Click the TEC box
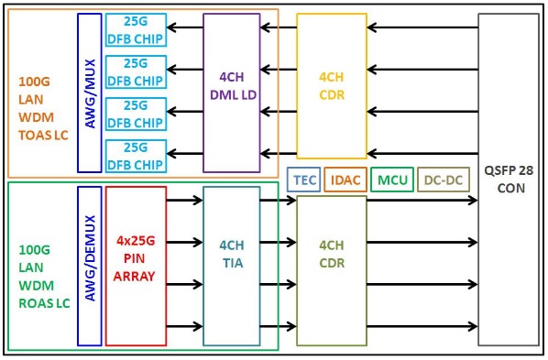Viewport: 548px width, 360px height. coord(304,180)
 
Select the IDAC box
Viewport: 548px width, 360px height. coord(345,180)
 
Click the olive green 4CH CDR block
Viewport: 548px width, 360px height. coord(331,271)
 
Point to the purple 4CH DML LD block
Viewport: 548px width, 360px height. coord(231,92)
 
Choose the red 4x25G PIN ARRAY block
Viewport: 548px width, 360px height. coord(136,266)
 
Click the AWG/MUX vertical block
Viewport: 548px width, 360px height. coord(90,92)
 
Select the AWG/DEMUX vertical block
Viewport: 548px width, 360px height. coord(90,266)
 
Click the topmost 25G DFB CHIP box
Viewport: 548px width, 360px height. coord(136,29)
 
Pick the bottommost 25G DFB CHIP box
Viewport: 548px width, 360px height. coord(136,154)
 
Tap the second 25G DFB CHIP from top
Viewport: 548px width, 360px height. coord(136,71)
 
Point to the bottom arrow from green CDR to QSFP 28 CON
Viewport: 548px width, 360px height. coord(422,325)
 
